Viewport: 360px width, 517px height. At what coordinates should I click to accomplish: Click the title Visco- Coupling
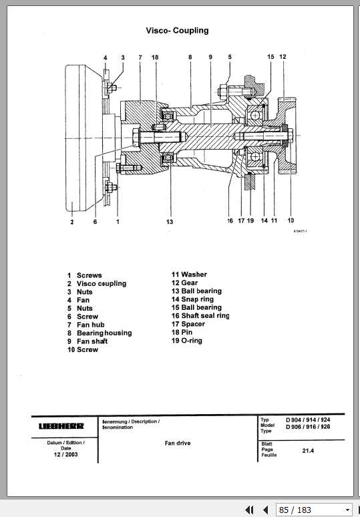pyautogui.click(x=177, y=30)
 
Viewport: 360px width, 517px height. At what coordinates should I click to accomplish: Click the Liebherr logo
pyautogui.click(x=61, y=426)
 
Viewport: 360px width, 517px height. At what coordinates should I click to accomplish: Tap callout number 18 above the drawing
pyautogui.click(x=155, y=57)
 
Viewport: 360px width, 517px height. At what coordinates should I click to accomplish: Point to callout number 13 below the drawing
pyautogui.click(x=170, y=221)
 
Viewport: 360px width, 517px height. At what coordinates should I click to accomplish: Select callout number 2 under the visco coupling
pyautogui.click(x=71, y=222)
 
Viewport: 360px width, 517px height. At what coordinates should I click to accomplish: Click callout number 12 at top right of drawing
pyautogui.click(x=283, y=57)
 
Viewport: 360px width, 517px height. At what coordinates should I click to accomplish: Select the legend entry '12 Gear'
pyautogui.click(x=184, y=283)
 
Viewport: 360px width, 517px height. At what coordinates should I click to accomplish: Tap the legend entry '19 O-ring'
pyautogui.click(x=186, y=341)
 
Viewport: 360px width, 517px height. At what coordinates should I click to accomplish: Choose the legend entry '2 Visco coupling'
pyautogui.click(x=96, y=283)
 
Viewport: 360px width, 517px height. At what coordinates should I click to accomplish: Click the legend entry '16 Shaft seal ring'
pyautogui.click(x=200, y=316)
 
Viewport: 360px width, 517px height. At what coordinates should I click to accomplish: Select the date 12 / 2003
pyautogui.click(x=65, y=455)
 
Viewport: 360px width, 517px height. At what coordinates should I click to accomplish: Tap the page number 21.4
pyautogui.click(x=307, y=452)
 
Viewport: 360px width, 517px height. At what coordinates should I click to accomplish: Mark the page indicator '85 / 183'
pyautogui.click(x=295, y=510)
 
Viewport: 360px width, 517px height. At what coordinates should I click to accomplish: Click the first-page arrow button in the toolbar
pyautogui.click(x=250, y=510)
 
